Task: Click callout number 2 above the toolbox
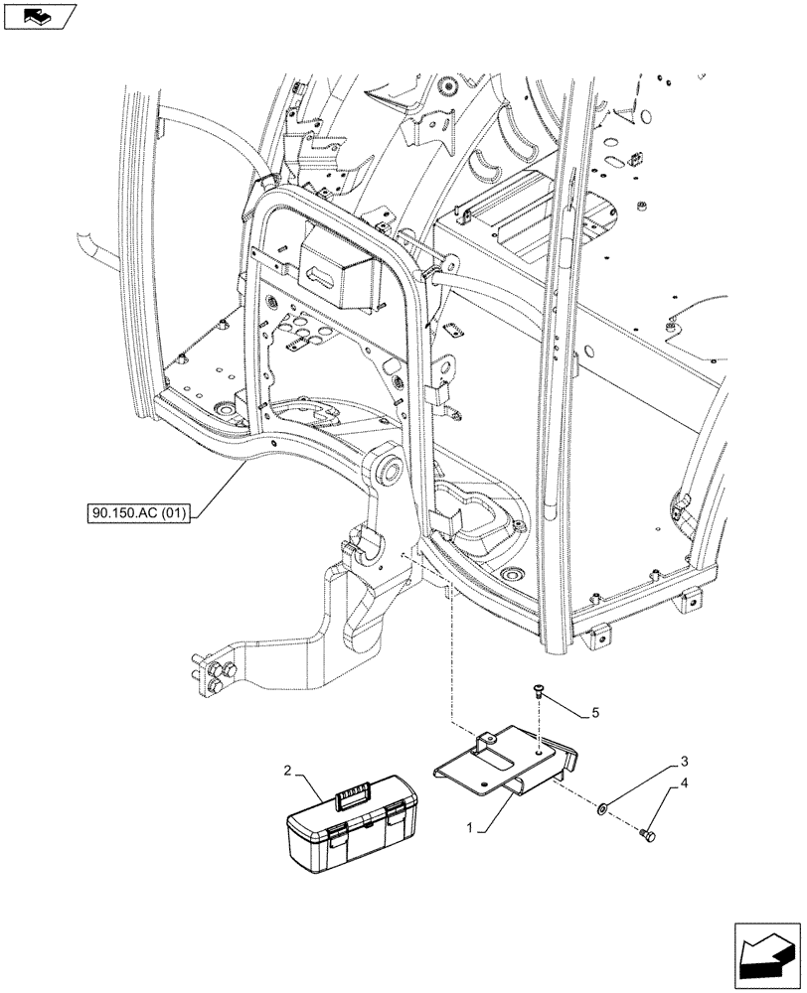(x=286, y=771)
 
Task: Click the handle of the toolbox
(x=355, y=791)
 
